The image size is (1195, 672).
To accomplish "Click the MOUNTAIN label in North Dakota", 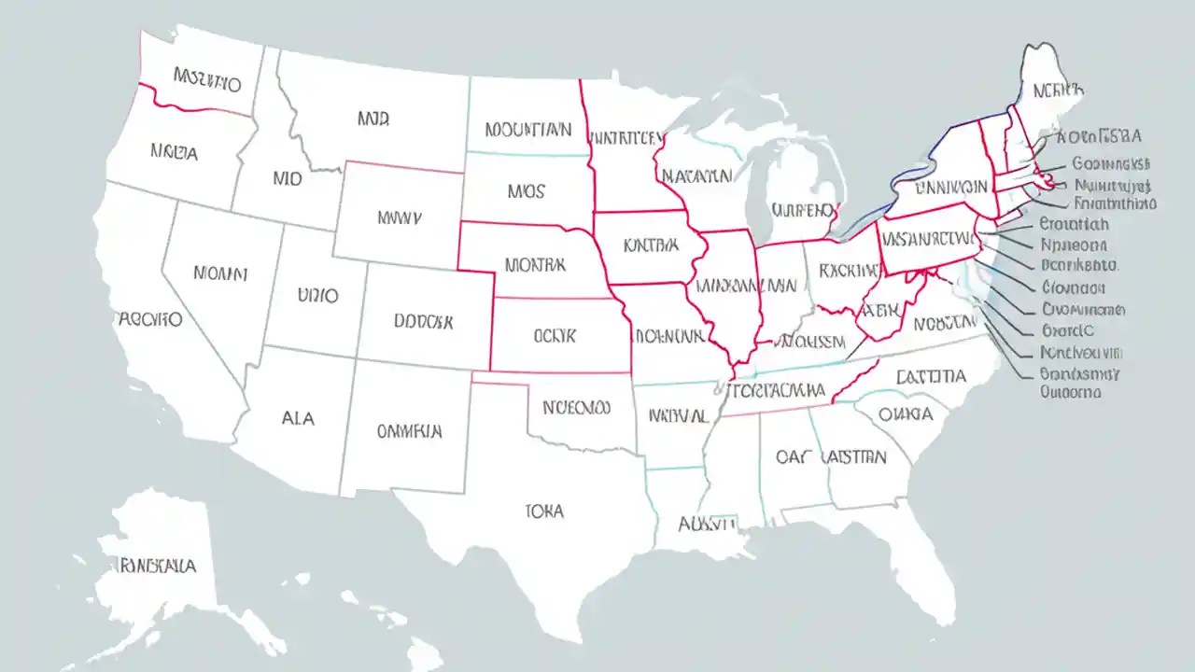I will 527,130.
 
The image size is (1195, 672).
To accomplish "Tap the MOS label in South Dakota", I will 526,192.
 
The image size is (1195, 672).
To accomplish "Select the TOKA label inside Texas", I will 544,511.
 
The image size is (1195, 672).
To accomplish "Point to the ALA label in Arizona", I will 297,419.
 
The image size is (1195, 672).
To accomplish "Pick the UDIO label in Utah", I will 317,296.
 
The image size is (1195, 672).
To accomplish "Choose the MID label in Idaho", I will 288,177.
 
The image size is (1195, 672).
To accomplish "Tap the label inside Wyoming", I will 399,217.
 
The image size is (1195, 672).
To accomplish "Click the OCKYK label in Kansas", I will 555,335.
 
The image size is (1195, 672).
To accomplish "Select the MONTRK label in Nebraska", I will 535,265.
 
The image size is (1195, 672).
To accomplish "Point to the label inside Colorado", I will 423,321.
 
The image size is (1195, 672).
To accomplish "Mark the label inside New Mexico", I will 409,431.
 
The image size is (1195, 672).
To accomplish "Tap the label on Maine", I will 1058,91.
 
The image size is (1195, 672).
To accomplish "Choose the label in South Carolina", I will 906,413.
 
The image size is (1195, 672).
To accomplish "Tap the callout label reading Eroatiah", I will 1074,224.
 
